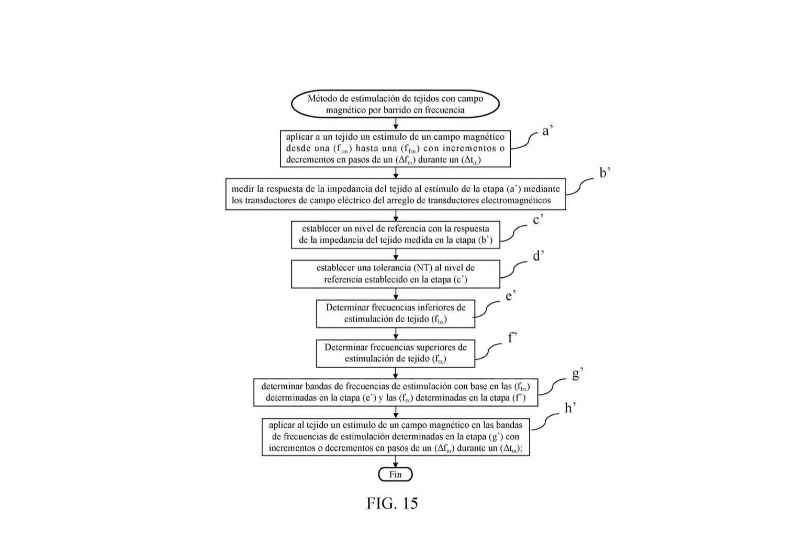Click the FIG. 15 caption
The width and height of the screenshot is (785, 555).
[392, 503]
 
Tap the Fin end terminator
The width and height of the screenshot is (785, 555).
[395, 474]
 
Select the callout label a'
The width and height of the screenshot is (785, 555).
[547, 131]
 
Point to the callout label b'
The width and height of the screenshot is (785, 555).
[605, 173]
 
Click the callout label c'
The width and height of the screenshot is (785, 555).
[539, 220]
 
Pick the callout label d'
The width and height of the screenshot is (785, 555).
[539, 256]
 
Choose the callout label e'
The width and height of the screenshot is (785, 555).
[511, 296]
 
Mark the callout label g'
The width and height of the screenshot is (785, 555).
[578, 375]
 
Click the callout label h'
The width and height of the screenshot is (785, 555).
[570, 408]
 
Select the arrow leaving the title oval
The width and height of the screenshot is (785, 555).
[396, 124]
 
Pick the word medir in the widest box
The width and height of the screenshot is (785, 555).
[242, 189]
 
